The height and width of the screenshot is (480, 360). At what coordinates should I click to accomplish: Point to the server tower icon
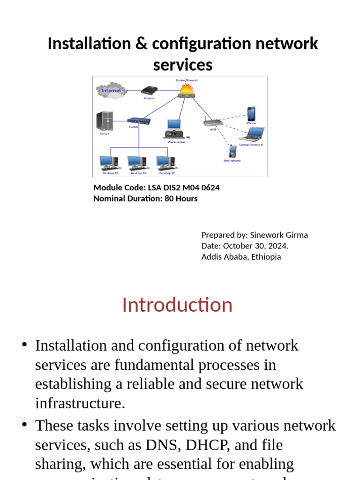104,121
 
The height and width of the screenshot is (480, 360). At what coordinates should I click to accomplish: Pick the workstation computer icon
173,129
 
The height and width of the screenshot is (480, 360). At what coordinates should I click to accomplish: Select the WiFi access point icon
211,122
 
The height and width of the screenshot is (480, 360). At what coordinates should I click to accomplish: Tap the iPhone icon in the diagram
251,114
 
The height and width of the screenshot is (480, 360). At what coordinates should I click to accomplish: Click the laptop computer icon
252,135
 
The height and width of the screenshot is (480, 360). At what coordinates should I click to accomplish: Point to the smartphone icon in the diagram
232,151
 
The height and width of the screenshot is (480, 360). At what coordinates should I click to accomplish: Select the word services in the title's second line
183,65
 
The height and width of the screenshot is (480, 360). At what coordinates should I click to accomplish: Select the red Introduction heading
177,305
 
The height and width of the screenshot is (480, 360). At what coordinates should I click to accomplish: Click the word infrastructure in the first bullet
80,403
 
